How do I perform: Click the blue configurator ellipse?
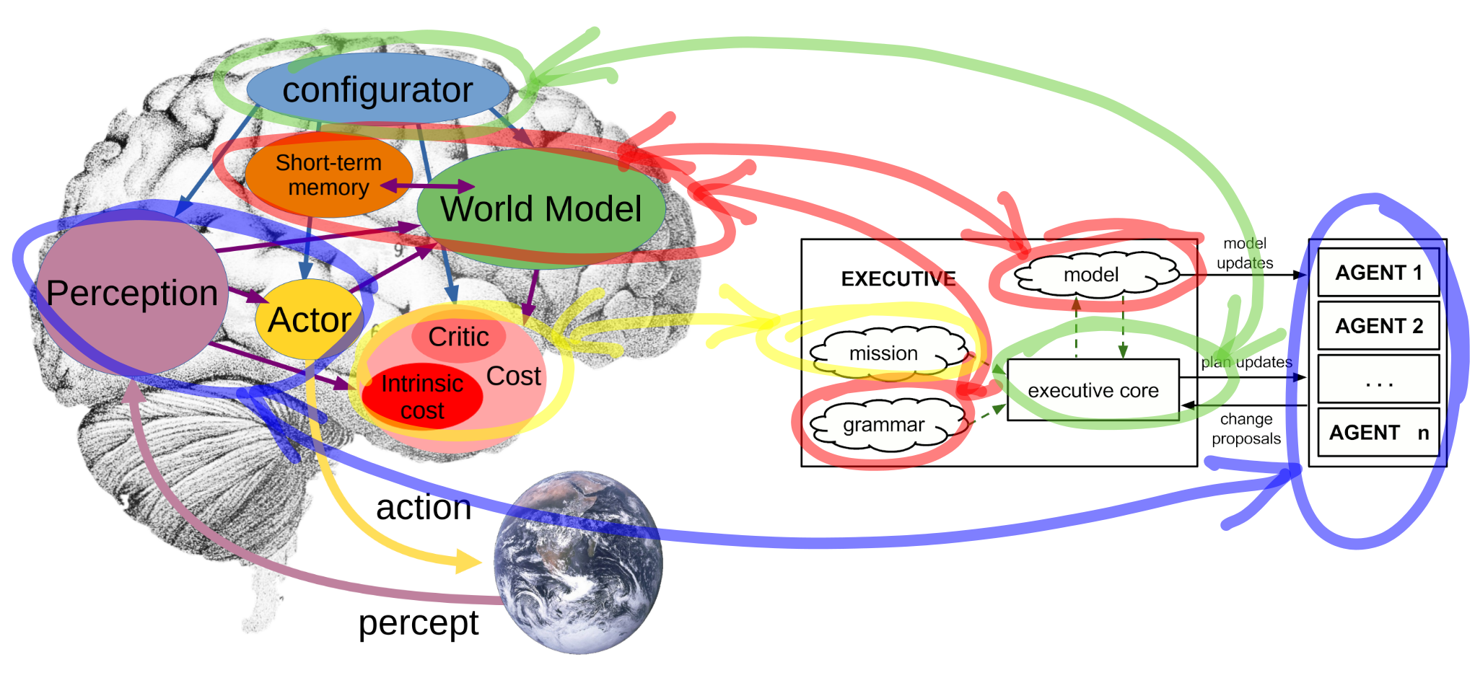click(377, 89)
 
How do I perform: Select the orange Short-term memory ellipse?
click(328, 175)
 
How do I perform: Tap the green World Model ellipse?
click(540, 209)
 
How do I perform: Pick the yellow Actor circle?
click(309, 320)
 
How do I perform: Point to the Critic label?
click(458, 337)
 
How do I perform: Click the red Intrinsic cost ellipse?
click(422, 397)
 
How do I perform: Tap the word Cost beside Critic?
click(513, 376)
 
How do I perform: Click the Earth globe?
click(578, 563)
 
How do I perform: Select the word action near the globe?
click(424, 507)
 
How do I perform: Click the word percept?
click(418, 622)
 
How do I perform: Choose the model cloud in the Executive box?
click(1091, 275)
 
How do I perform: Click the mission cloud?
click(883, 353)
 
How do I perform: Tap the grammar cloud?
click(883, 426)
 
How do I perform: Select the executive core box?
click(1093, 390)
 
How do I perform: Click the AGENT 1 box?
click(1378, 273)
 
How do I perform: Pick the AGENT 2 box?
click(1378, 326)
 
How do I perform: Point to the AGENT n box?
click(1378, 433)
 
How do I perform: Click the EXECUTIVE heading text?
click(898, 279)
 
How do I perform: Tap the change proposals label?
click(1246, 428)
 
